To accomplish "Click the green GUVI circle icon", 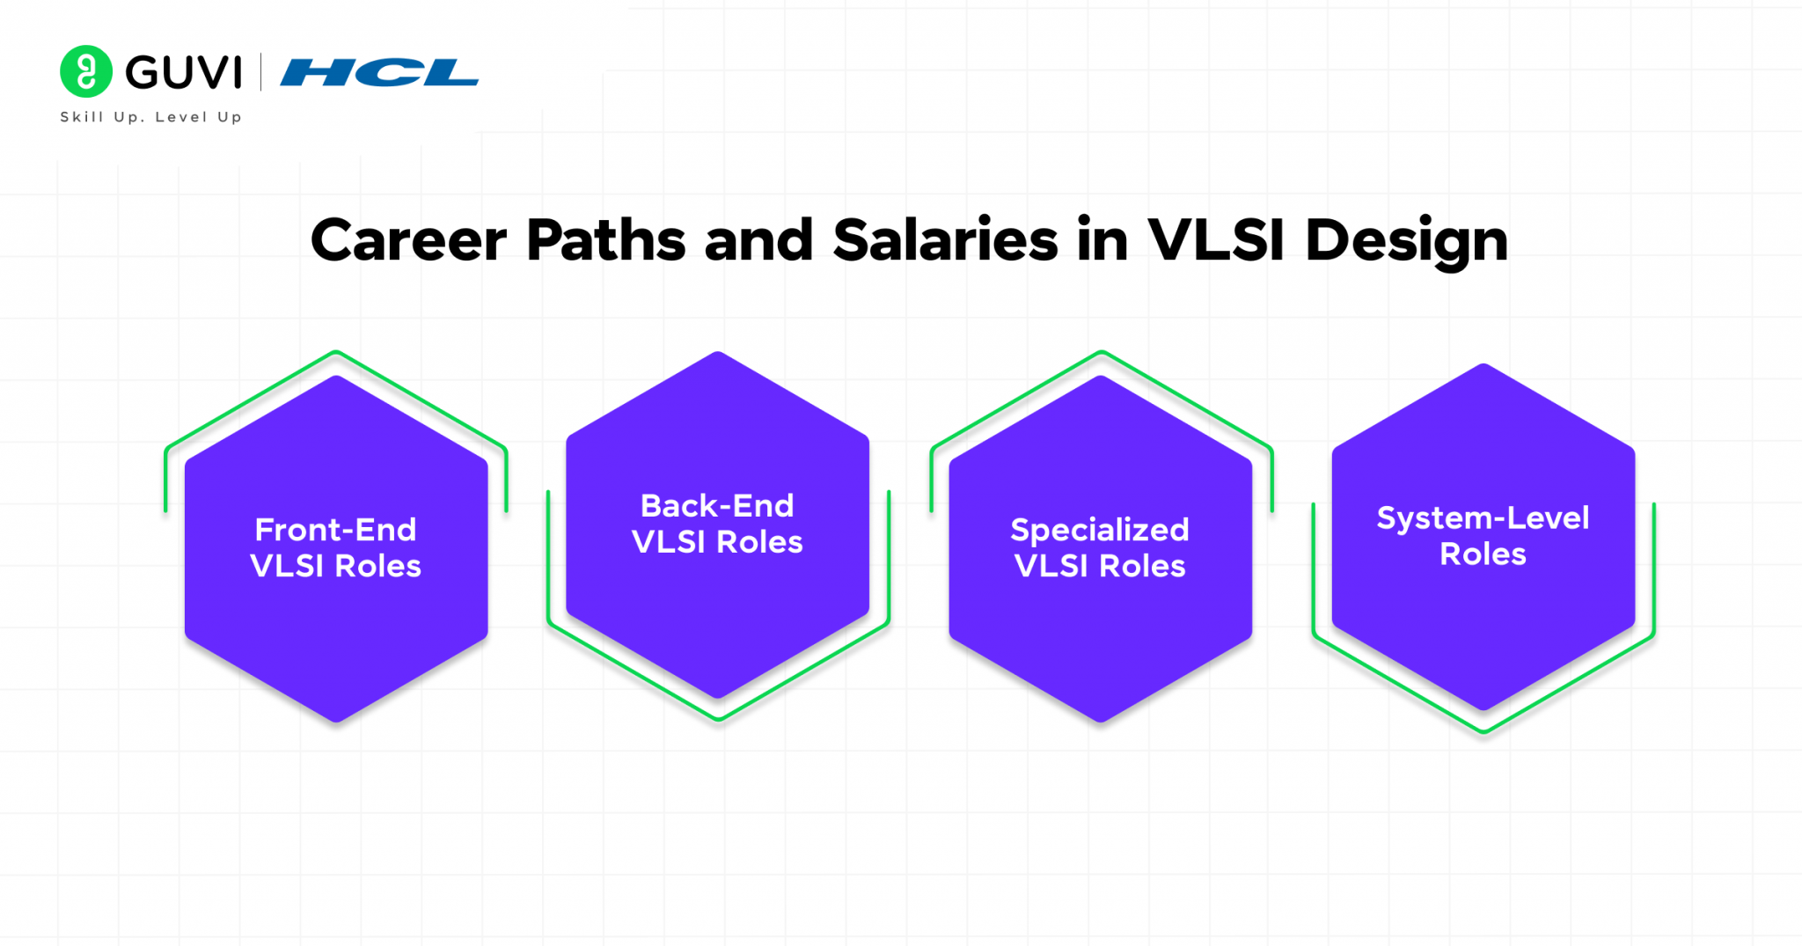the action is (x=86, y=71).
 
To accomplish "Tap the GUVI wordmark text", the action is (x=183, y=72).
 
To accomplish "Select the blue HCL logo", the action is (x=379, y=72).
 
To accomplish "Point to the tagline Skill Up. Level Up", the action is (x=150, y=117).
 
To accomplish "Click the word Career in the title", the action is (x=408, y=240).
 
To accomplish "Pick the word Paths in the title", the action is (x=605, y=239).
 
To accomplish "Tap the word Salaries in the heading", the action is (x=945, y=239).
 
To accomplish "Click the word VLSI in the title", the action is (x=1216, y=239).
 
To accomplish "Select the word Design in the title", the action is (x=1407, y=242).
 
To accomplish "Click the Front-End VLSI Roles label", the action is (x=336, y=547).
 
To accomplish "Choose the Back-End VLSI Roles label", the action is (x=717, y=524).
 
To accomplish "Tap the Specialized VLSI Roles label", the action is (x=1100, y=547).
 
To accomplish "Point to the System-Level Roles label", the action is (x=1483, y=536).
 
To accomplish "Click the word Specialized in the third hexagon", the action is (x=1100, y=531).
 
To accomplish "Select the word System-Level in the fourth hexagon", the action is (x=1483, y=518).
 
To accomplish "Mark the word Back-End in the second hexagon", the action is (x=717, y=506).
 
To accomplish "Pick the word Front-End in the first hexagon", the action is (x=336, y=530).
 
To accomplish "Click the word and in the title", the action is (x=758, y=239).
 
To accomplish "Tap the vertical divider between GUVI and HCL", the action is (x=261, y=72).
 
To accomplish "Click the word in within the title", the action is (x=1102, y=239).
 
